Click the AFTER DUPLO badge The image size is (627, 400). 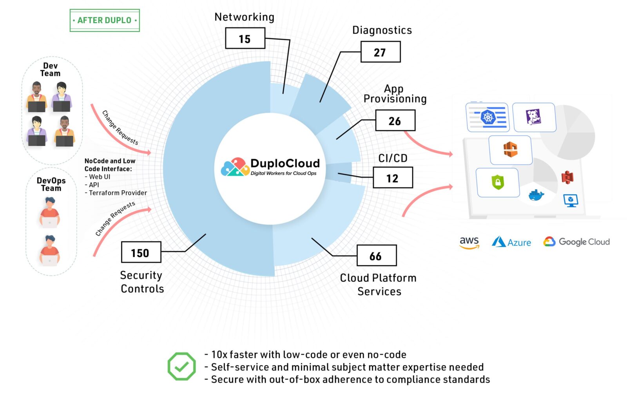105,20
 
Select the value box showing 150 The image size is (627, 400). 141,252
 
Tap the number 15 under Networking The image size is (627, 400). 245,38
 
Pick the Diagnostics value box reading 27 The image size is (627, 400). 380,52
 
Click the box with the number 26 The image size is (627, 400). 395,121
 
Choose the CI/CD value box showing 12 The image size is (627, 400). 393,178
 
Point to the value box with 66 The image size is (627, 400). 376,256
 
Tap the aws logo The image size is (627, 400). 469,242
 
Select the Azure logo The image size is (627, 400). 511,242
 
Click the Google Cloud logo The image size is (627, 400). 576,242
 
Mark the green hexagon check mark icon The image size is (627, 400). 181,366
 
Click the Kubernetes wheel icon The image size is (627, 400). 488,117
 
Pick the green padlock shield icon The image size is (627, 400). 498,182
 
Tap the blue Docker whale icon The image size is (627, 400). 536,195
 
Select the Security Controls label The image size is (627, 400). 142,282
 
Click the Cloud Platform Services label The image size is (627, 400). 379,285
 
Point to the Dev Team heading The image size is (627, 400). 51,69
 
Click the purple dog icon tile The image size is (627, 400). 534,117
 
